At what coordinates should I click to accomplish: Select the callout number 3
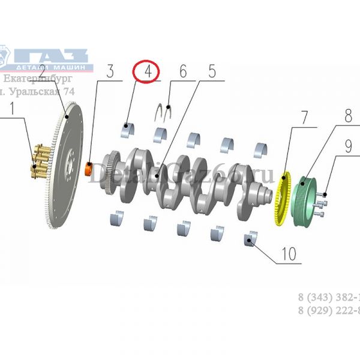click(110, 72)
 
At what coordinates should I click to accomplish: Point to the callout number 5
click(212, 71)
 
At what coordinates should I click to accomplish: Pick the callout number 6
click(182, 71)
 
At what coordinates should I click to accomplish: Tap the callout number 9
click(347, 145)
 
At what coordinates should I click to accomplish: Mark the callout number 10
click(288, 254)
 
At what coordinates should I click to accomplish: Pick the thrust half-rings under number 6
click(165, 112)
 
